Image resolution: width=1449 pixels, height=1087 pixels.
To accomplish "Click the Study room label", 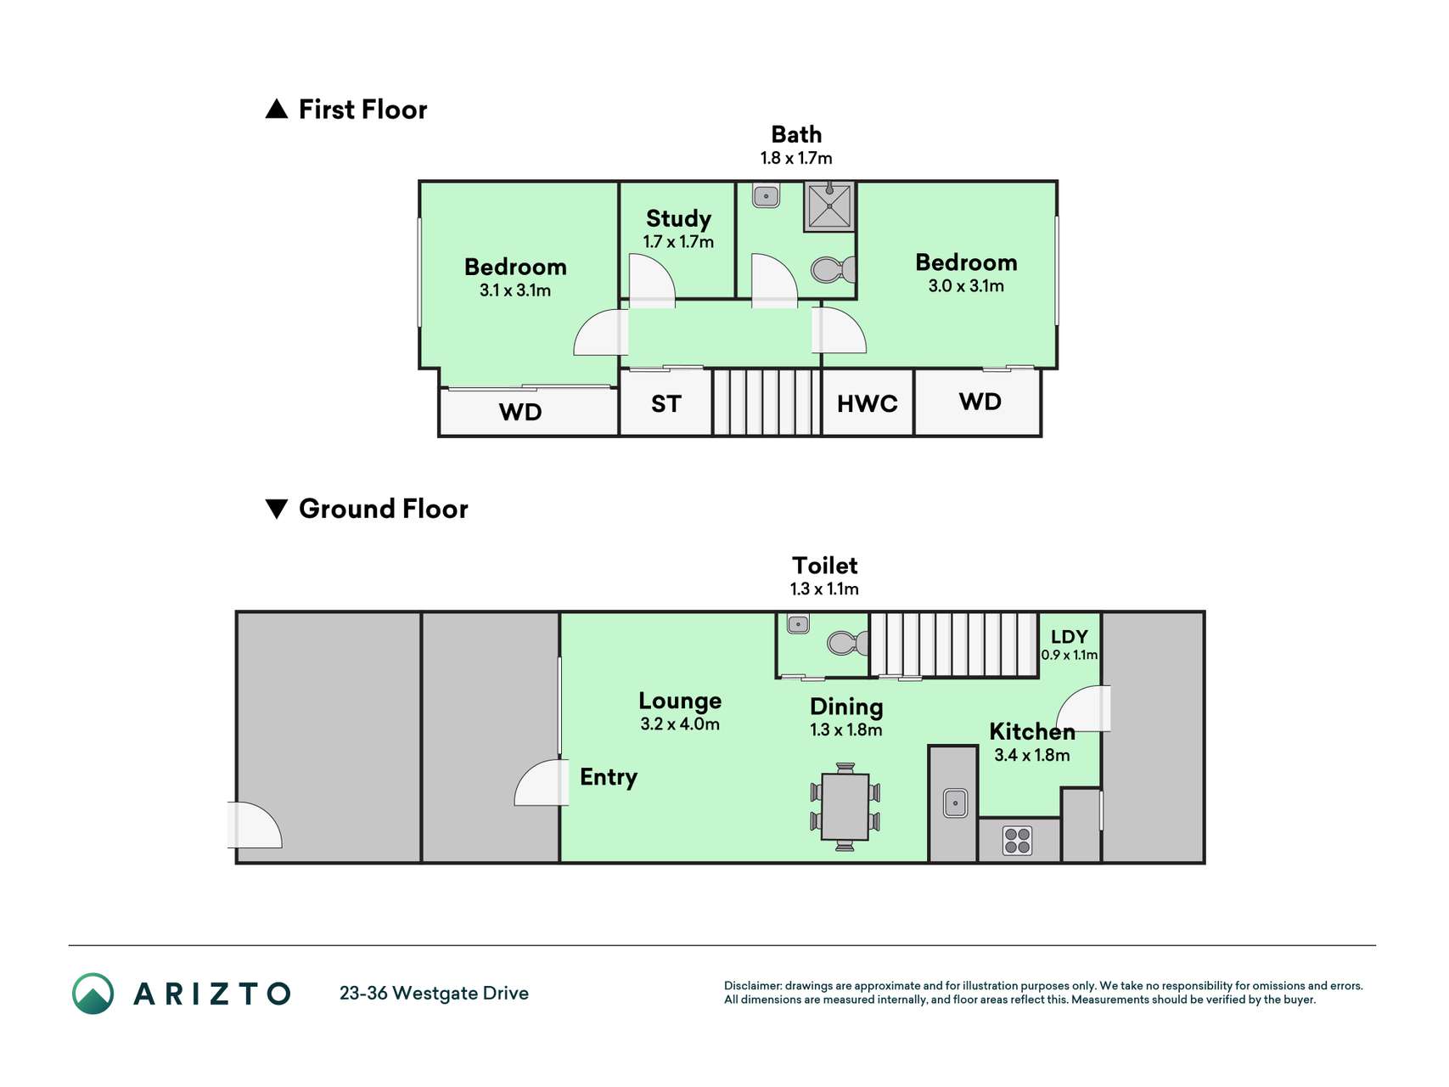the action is click(678, 219).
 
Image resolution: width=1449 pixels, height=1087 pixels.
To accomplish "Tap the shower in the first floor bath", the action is click(828, 206).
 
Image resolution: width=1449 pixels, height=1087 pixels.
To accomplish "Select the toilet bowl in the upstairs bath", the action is click(833, 270).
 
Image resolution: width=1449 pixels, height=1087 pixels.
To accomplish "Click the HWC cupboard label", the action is click(867, 403).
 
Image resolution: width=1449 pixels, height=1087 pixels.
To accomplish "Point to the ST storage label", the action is click(666, 404).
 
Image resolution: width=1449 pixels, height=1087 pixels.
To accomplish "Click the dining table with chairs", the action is click(845, 807).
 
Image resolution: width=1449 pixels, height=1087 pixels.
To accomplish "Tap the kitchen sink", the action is click(955, 803).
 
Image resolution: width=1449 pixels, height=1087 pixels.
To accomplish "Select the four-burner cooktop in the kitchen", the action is click(1017, 841).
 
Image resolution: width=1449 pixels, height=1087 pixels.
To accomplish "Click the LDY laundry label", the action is click(1069, 637).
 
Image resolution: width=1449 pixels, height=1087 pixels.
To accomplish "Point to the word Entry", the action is click(609, 778).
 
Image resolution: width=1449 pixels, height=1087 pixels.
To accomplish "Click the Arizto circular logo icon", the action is click(93, 994).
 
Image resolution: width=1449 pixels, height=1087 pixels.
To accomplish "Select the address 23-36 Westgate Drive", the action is click(434, 994).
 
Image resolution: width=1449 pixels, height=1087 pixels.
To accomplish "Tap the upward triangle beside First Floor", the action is click(277, 109).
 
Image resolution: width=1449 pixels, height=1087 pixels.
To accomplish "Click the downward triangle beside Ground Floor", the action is click(277, 509).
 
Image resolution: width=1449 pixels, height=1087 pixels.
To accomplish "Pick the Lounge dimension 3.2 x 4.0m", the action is click(680, 724).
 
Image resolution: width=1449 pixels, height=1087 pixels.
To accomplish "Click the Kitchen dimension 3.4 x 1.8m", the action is click(1031, 755).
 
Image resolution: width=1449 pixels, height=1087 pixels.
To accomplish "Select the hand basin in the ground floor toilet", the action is click(798, 625).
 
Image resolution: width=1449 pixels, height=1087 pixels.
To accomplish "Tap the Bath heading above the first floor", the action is click(796, 135).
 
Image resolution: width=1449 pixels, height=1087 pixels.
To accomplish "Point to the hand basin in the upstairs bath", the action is click(766, 196).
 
